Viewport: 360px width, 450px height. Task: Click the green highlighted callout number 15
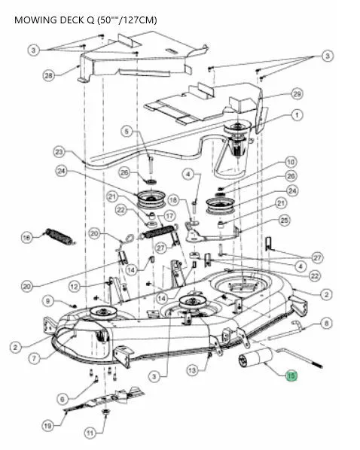click(x=291, y=376)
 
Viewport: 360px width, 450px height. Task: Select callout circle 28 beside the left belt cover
click(x=48, y=76)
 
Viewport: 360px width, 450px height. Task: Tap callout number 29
click(x=297, y=94)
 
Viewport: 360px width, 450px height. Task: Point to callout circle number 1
click(x=297, y=115)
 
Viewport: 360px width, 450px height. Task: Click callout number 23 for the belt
click(x=59, y=152)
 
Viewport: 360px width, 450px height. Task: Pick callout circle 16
click(x=26, y=238)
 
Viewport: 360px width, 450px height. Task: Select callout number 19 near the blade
click(x=48, y=425)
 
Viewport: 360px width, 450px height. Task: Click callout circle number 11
click(x=90, y=433)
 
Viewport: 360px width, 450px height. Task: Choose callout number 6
click(x=63, y=399)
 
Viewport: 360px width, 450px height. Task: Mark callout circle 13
click(x=192, y=370)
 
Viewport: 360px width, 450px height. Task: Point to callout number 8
click(x=326, y=324)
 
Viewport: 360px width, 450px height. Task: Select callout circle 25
click(x=285, y=220)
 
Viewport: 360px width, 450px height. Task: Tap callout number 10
click(x=291, y=162)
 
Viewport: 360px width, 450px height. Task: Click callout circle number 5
click(x=127, y=132)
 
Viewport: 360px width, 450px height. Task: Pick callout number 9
click(x=48, y=301)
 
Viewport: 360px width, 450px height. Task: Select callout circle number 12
click(x=74, y=287)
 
